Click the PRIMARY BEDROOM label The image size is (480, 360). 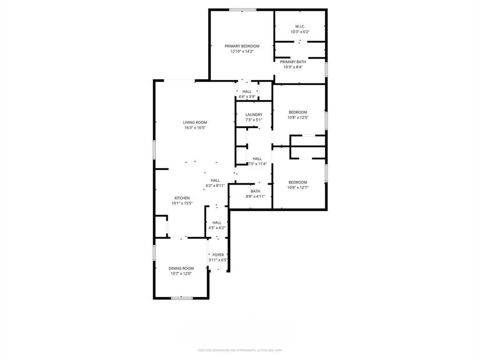point(242,46)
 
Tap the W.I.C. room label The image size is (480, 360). point(300,26)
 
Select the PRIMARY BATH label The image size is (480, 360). point(293,62)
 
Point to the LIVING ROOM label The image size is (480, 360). point(195,122)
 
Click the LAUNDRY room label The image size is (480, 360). point(254,114)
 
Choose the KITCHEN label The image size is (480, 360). point(182,198)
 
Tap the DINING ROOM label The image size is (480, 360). point(181,268)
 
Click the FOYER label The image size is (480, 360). point(218,255)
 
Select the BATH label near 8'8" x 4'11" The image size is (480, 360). point(255,191)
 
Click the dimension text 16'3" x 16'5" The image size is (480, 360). point(195,127)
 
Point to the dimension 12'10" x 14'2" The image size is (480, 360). point(242,52)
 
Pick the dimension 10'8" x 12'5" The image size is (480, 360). point(298,118)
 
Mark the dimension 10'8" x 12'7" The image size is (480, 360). point(298,187)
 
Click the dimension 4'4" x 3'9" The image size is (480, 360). point(247,97)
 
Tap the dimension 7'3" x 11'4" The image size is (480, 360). point(257,164)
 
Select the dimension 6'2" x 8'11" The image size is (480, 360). point(215,186)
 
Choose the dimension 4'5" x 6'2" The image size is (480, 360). point(217,228)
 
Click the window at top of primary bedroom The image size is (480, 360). point(243,9)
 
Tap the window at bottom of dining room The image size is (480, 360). point(181,298)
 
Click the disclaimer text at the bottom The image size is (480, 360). point(240,350)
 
